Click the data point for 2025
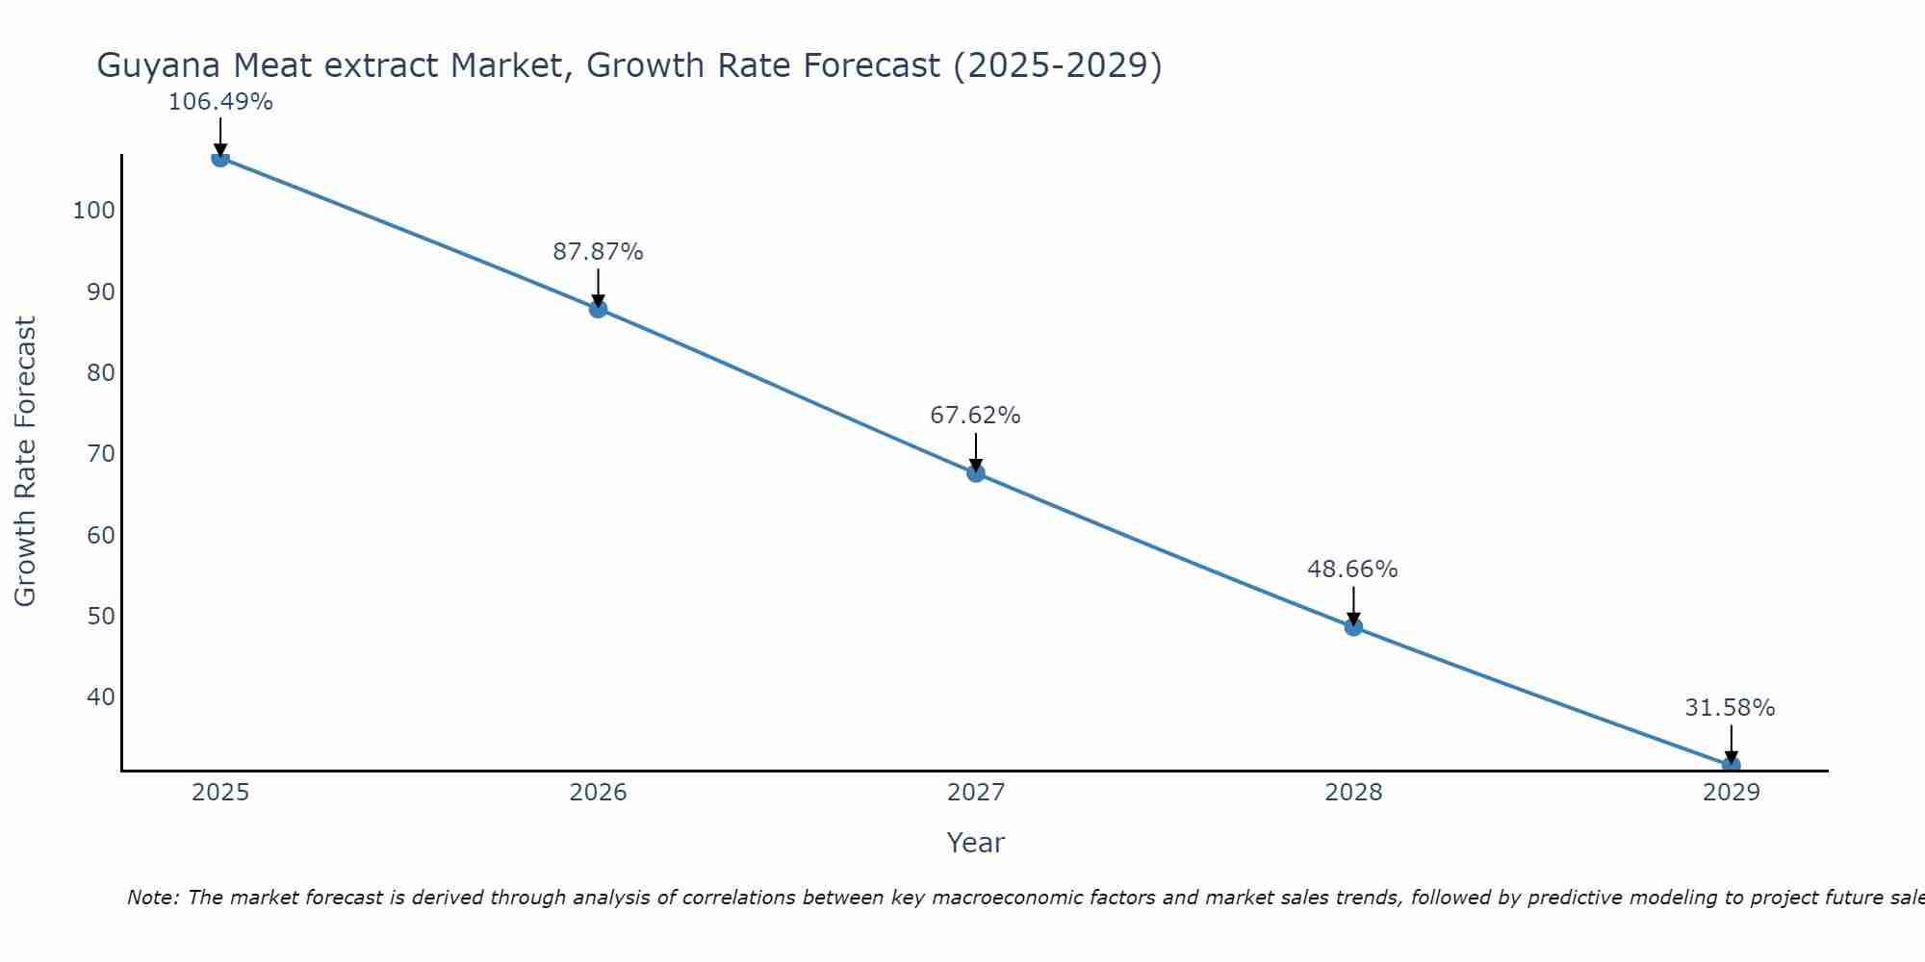tap(220, 158)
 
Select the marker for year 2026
tap(598, 309)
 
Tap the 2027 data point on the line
tap(976, 473)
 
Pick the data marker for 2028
tap(1353, 627)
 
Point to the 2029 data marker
tap(1731, 765)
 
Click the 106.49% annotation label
tap(220, 102)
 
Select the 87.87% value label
tap(598, 252)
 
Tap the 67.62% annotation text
tap(975, 416)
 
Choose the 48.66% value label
tap(1352, 570)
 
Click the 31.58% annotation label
tap(1730, 708)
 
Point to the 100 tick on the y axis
tap(93, 211)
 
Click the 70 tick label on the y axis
tap(100, 454)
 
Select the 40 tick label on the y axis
tap(100, 697)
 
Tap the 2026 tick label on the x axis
tap(598, 793)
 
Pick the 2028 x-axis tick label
tap(1353, 793)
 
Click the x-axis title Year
tap(975, 843)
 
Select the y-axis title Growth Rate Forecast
tap(25, 462)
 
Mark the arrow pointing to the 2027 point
tap(976, 450)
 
